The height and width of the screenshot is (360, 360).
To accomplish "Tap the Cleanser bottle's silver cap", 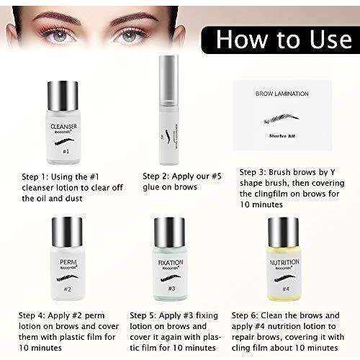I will pyautogui.click(x=63, y=96).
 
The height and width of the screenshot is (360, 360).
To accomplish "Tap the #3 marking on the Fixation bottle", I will pyautogui.click(x=171, y=289).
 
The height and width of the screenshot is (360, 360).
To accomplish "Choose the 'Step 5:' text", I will pyautogui.click(x=148, y=314).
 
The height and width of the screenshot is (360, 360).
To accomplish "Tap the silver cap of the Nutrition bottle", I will pyautogui.click(x=283, y=231).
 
